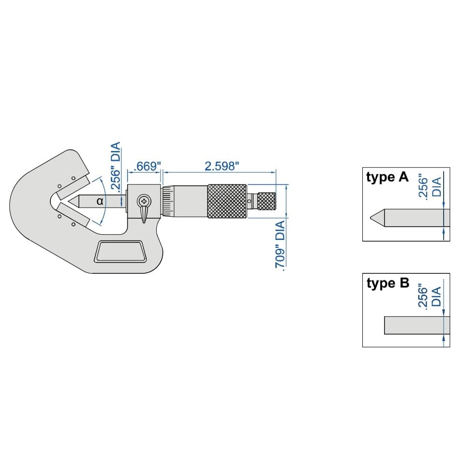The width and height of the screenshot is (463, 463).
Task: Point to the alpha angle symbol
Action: tap(100, 201)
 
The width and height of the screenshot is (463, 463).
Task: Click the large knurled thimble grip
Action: tap(227, 201)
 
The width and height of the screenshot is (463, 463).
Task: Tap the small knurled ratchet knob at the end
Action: tap(266, 201)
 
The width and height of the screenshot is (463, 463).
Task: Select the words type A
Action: tap(387, 178)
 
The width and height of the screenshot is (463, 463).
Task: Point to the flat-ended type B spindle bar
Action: tap(414, 325)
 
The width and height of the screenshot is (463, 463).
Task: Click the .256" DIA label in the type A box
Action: tap(429, 187)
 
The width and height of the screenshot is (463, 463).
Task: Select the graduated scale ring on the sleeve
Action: tap(168, 201)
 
